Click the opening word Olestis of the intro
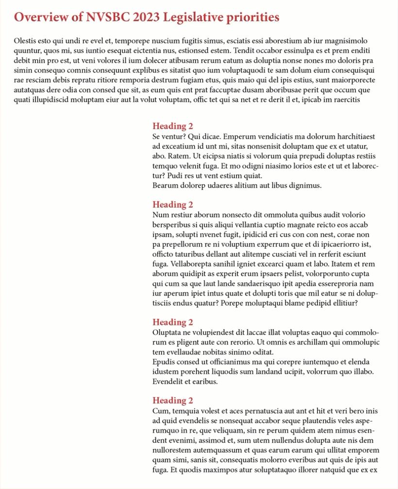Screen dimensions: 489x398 click(x=27, y=41)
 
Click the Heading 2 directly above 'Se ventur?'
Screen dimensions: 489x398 click(x=173, y=126)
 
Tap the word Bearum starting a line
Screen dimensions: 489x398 click(x=165, y=186)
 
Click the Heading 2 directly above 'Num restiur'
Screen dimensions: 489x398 click(x=173, y=205)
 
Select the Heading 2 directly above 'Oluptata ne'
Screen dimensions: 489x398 click(x=173, y=322)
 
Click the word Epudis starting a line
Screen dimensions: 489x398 click(x=164, y=362)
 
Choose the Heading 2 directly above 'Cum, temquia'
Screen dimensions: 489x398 click(x=173, y=401)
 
